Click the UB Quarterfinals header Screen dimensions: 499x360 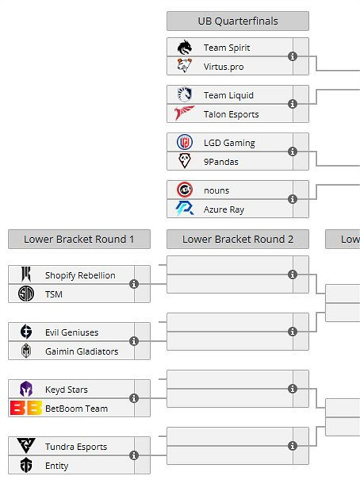(238, 21)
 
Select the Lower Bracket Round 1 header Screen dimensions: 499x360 (79, 239)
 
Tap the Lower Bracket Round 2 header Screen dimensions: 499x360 (238, 239)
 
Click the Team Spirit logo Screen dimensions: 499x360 (184, 47)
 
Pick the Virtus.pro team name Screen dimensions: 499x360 (223, 67)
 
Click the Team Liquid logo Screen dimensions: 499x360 (184, 95)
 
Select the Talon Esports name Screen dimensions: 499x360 (231, 114)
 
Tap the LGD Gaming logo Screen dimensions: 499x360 (184, 143)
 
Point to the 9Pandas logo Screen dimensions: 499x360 (184, 162)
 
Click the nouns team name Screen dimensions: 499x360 (216, 190)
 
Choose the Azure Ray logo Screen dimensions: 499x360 (184, 209)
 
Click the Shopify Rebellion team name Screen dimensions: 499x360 (80, 275)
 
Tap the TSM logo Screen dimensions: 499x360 (26, 294)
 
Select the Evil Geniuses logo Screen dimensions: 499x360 (26, 332)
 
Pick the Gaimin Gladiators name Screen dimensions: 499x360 (82, 351)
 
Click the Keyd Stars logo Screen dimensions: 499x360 (26, 389)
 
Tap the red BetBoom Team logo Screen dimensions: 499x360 (26, 408)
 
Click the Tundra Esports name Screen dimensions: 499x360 (76, 447)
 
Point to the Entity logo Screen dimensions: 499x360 (26, 465)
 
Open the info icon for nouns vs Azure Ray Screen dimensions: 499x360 (293, 199)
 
